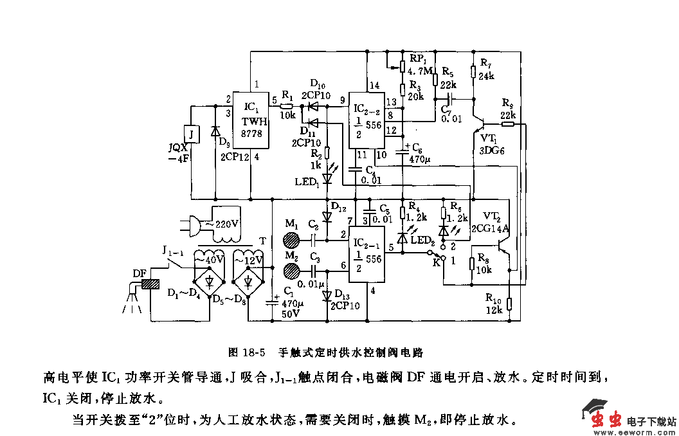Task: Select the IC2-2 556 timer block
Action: point(367,119)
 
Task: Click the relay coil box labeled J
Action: point(190,134)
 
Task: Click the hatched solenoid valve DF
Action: point(151,283)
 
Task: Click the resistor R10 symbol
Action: point(509,304)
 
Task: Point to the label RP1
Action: point(419,58)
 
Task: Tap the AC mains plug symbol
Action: point(192,225)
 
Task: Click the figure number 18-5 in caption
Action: point(254,352)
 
